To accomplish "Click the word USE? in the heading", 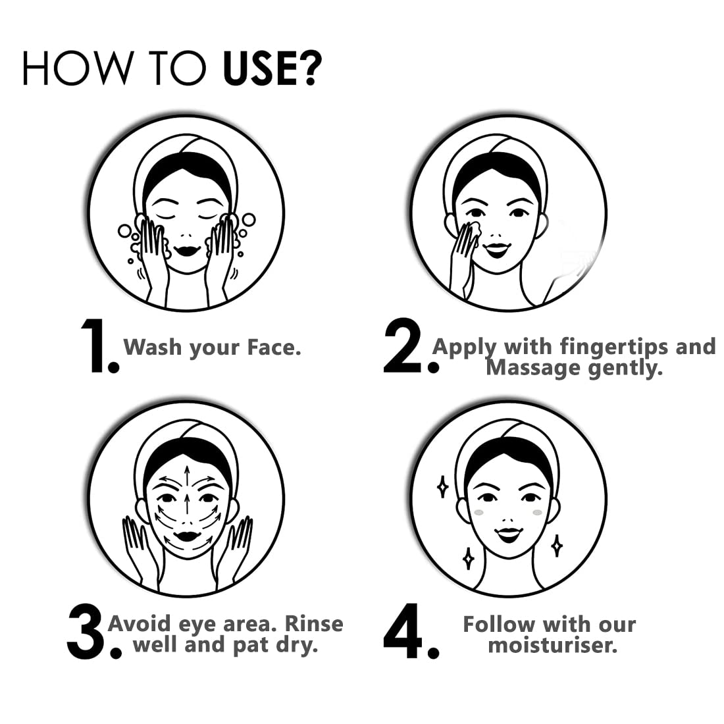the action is click(x=272, y=68).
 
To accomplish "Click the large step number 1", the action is click(x=95, y=346).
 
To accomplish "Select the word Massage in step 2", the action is click(x=527, y=368).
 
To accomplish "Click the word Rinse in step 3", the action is click(x=314, y=624).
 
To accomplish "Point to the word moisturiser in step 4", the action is click(x=550, y=645).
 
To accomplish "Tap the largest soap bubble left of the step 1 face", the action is click(x=124, y=231).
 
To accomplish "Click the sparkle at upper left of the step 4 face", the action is click(x=442, y=486).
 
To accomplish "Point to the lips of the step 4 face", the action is click(x=507, y=534).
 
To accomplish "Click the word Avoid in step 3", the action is click(x=140, y=624).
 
